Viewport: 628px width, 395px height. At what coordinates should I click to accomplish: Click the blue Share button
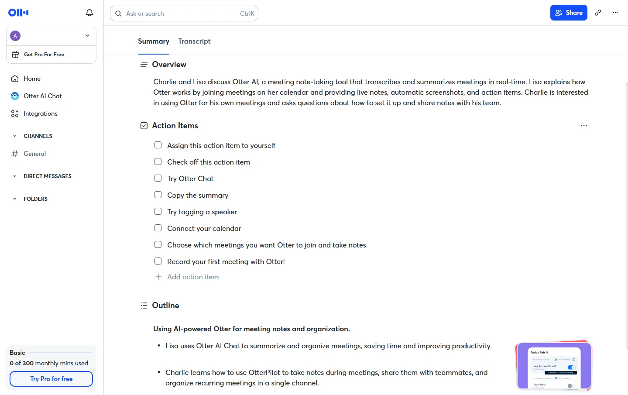(568, 13)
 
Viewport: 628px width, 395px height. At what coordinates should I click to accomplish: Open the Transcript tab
(194, 41)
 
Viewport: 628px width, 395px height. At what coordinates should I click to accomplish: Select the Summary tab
(154, 41)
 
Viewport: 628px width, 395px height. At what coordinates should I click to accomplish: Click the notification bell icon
(89, 13)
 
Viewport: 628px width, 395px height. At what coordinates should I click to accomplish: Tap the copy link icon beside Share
(598, 13)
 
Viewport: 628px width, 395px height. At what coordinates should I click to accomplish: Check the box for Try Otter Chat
(158, 178)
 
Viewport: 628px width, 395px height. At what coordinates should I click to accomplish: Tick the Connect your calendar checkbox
(158, 228)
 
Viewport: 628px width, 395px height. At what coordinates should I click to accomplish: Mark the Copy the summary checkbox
(158, 195)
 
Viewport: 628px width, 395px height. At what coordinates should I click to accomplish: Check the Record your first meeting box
(158, 261)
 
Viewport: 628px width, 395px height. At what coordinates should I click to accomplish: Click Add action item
(192, 277)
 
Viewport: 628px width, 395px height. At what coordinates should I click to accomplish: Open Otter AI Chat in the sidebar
(42, 96)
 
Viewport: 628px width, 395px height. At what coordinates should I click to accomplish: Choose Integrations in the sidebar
(40, 113)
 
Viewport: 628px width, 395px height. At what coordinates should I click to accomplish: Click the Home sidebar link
(32, 79)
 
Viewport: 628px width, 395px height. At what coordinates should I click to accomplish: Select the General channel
(34, 154)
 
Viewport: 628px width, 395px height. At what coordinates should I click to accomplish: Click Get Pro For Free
(44, 55)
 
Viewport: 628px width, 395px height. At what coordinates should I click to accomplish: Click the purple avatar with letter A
(15, 36)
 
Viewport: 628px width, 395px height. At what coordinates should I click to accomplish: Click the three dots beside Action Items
(583, 126)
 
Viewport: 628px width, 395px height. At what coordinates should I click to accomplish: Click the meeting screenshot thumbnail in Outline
(553, 366)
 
